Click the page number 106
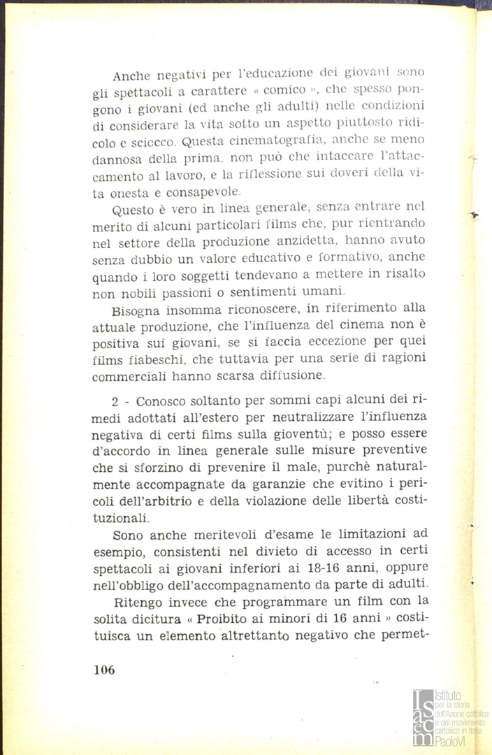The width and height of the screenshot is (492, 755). click(x=103, y=669)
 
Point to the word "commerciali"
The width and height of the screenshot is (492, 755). click(x=128, y=376)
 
